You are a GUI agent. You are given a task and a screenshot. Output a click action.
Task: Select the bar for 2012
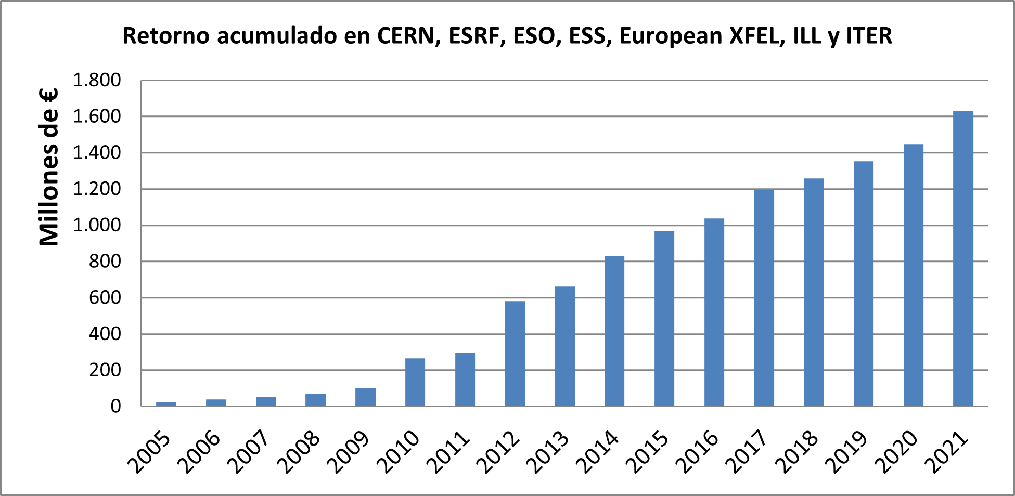pos(515,354)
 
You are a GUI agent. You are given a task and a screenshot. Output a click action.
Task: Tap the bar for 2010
pos(415,382)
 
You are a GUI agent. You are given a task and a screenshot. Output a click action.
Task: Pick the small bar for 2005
pos(166,403)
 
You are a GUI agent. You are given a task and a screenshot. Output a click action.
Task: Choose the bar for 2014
pos(614,331)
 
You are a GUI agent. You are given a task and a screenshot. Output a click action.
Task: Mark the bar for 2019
pos(864,284)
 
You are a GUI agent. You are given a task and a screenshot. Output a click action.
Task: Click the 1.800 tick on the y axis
pos(97,81)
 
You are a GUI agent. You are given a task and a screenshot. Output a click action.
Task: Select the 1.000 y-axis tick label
pos(97,225)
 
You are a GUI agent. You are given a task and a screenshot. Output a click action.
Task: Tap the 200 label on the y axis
pos(105,370)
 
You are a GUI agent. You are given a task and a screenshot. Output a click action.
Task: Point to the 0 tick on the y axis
pos(115,406)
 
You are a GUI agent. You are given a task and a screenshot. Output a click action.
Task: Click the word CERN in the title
pos(405,36)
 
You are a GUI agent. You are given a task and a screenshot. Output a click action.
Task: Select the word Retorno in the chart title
pos(166,36)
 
